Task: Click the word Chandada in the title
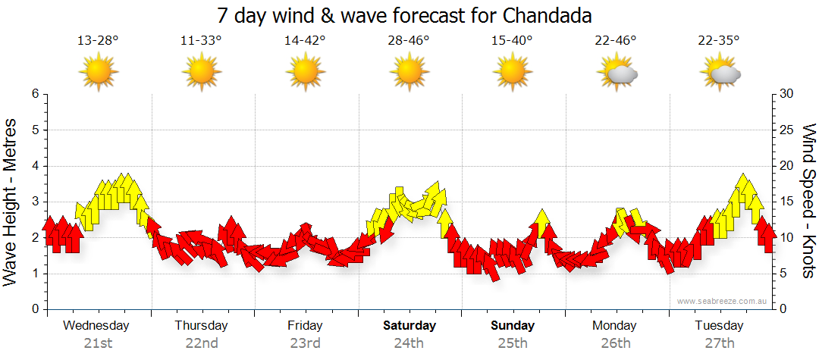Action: (544, 15)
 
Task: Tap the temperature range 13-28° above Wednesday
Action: (98, 40)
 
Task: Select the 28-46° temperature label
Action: (409, 40)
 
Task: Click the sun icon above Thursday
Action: (202, 73)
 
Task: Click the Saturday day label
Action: (409, 326)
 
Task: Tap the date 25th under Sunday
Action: (513, 343)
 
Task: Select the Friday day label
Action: (305, 326)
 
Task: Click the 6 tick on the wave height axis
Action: (34, 94)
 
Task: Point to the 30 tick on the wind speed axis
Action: (786, 94)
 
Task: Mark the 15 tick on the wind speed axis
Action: (786, 202)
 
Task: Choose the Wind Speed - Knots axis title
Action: (808, 202)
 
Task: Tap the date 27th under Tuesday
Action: (720, 343)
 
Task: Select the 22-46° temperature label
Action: (616, 40)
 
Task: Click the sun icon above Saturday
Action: (409, 73)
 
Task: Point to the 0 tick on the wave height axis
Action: (34, 309)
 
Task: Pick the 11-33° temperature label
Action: (202, 40)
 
